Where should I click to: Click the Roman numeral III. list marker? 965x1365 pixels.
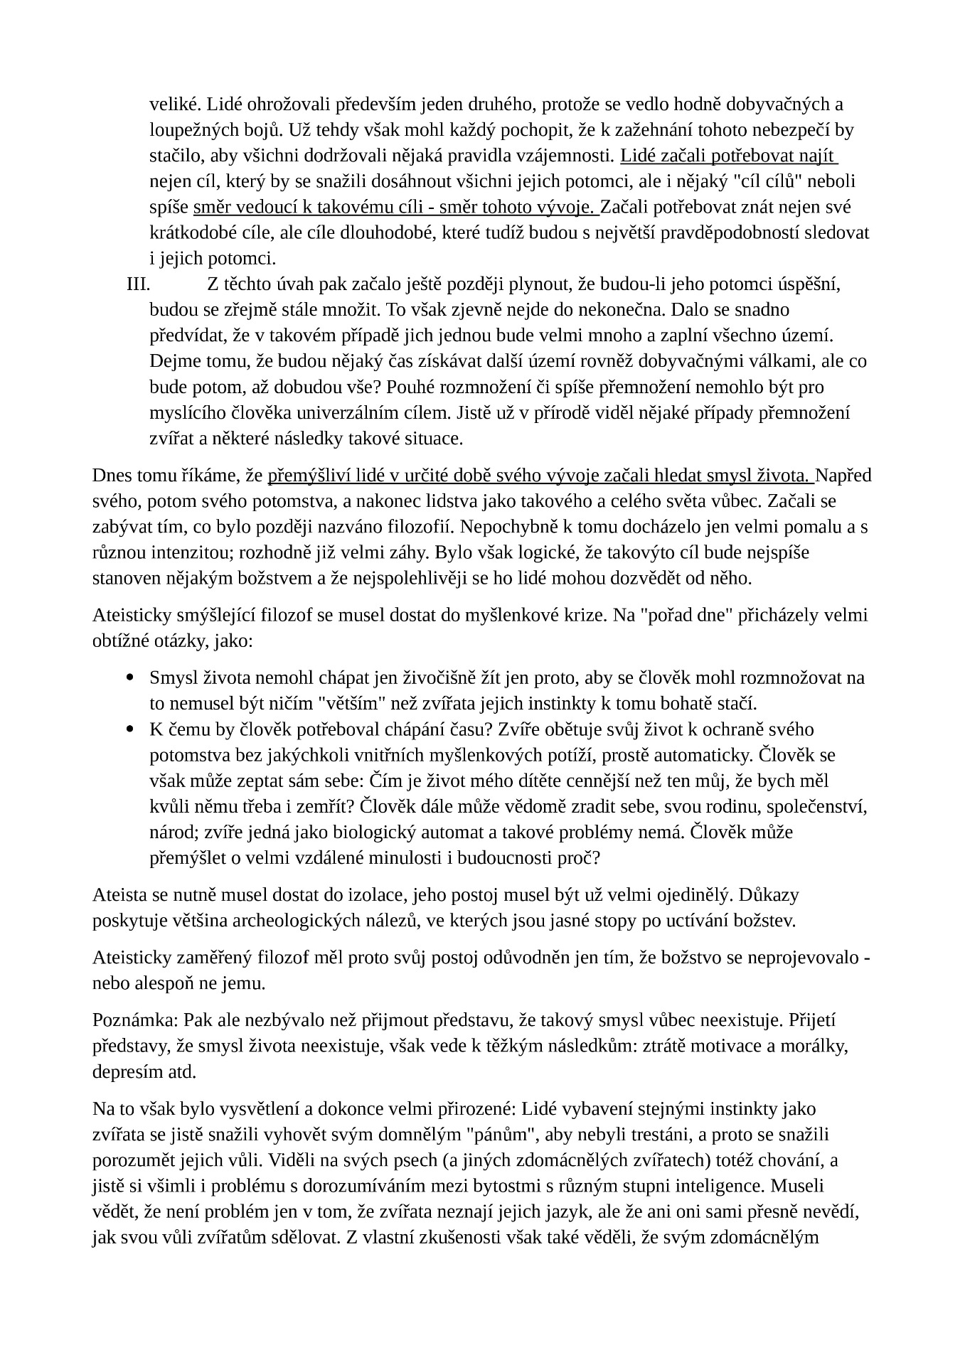click(138, 284)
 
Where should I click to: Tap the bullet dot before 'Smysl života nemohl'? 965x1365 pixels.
click(129, 678)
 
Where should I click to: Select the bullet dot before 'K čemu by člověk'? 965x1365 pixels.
click(129, 729)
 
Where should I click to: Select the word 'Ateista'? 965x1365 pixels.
click(119, 894)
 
